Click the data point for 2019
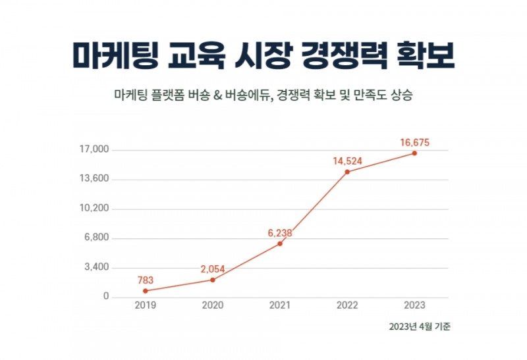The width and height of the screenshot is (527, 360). [145, 291]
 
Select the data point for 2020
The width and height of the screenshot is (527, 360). [213, 280]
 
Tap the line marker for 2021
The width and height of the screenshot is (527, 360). [280, 244]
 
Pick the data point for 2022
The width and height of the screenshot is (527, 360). [347, 172]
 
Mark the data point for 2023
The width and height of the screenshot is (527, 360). [414, 153]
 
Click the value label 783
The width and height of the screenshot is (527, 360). [145, 280]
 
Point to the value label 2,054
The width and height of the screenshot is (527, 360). [213, 269]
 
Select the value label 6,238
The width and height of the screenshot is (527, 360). [280, 233]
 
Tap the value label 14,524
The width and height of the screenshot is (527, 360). [347, 161]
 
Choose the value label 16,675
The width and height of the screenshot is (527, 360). [415, 142]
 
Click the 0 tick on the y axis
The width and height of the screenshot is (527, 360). [105, 297]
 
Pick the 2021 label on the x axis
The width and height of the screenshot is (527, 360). [280, 306]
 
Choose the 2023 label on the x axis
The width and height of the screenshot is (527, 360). [414, 306]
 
